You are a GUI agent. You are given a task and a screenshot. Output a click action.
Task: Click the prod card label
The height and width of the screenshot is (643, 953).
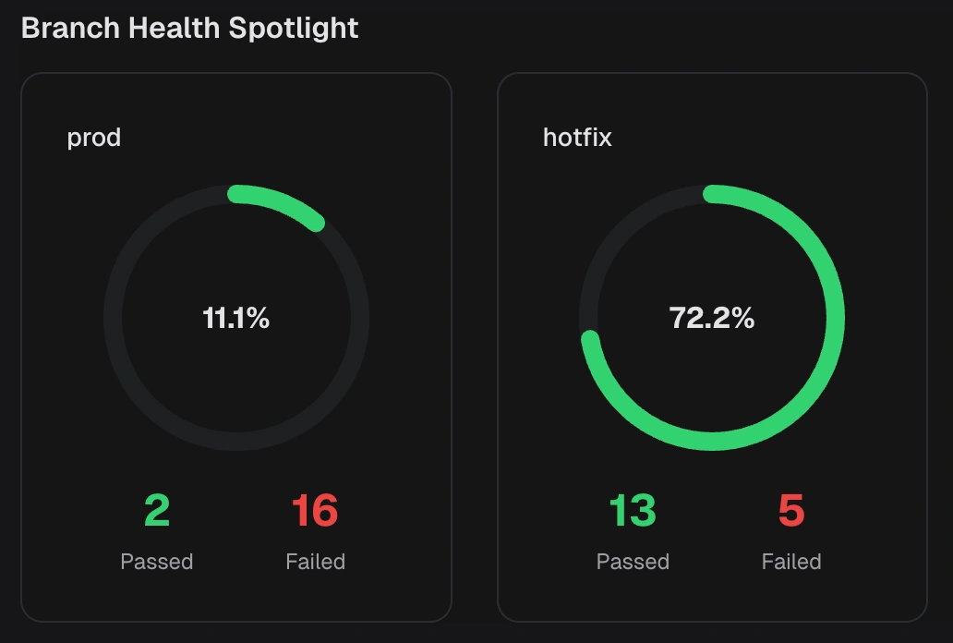(94, 139)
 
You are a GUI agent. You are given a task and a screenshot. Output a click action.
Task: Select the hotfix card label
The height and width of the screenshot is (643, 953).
(577, 139)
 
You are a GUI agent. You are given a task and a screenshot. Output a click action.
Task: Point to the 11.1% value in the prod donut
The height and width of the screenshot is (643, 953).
(236, 319)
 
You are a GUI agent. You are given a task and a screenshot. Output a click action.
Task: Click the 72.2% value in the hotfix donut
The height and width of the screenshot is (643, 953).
(712, 319)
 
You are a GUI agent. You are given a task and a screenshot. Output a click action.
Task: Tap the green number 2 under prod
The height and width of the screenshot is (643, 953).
(157, 511)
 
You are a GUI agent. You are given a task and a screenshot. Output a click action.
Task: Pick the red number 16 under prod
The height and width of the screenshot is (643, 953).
(315, 511)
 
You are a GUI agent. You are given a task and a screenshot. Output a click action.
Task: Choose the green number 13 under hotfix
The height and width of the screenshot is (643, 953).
(633, 511)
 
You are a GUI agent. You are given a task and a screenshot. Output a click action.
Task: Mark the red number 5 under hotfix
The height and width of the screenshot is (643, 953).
(791, 511)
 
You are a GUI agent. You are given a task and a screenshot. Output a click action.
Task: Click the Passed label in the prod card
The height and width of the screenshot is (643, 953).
(157, 562)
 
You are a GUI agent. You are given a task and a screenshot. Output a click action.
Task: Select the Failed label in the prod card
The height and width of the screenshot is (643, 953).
(315, 562)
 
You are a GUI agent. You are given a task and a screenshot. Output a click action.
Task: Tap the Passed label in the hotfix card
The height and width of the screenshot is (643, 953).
(633, 562)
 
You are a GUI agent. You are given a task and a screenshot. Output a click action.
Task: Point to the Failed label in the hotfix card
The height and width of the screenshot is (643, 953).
(791, 562)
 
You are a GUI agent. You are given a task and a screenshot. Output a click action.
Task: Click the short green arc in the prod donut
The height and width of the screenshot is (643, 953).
(279, 201)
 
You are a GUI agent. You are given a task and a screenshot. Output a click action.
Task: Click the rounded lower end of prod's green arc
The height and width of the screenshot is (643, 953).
(316, 222)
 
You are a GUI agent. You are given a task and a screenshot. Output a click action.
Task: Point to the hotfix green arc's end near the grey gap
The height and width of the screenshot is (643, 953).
(589, 340)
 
